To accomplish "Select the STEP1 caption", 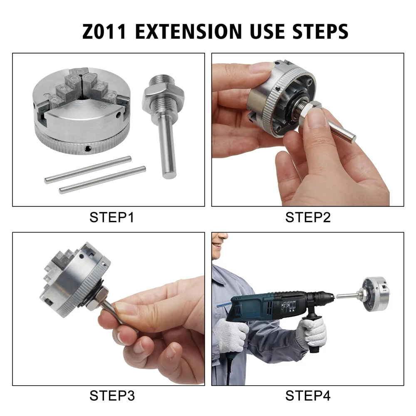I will (112, 217).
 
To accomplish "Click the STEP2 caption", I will (308, 217).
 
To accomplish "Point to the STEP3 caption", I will (112, 396).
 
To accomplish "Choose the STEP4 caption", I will (308, 396).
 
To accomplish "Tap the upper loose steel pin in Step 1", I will (88, 169).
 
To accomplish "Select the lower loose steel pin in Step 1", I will (102, 180).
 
